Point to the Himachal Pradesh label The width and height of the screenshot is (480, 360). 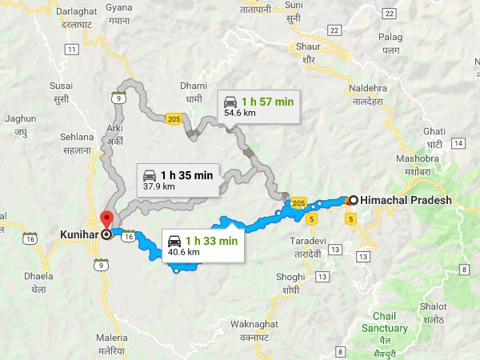pyautogui.click(x=406, y=200)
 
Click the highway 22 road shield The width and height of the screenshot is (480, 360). pyautogui.click(x=390, y=14)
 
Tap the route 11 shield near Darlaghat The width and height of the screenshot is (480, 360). pyautogui.click(x=72, y=50)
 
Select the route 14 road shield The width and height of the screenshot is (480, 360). pyautogui.click(x=458, y=143)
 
